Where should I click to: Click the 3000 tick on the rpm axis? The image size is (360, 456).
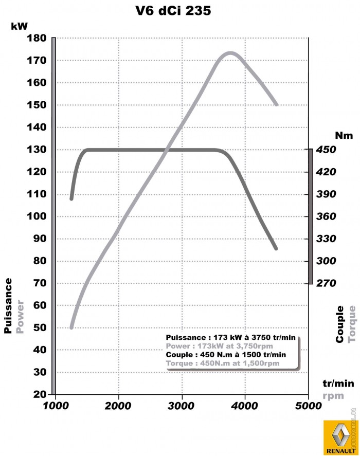point(182,405)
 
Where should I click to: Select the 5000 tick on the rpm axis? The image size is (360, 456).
point(308,405)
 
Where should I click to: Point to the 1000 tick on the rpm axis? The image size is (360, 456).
point(55,405)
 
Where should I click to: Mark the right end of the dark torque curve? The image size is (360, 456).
point(276,248)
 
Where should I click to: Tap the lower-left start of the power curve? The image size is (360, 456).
point(71,327)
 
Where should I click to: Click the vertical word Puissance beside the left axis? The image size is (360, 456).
point(8,306)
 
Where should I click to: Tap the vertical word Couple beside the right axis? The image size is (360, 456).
point(340,324)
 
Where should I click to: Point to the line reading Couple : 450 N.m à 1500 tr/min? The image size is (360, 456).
point(226,354)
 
